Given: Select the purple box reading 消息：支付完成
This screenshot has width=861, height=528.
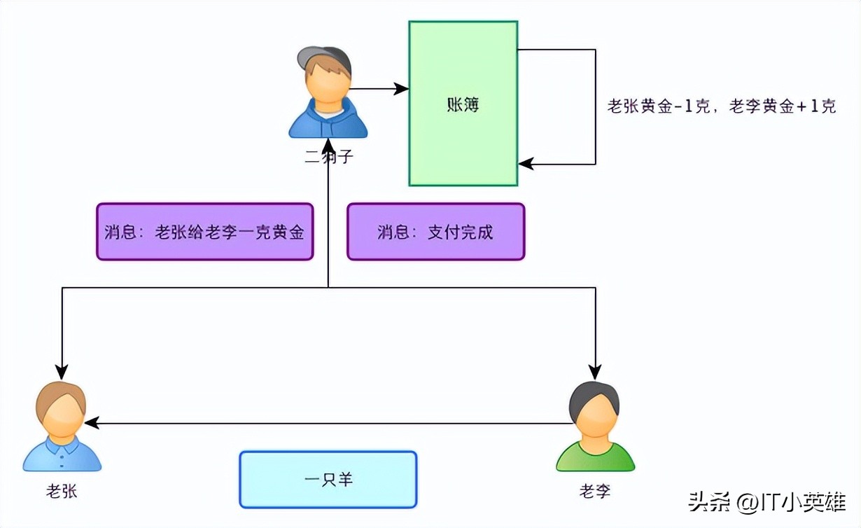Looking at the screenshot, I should tap(435, 232).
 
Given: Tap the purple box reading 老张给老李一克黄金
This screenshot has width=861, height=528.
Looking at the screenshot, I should tap(204, 232).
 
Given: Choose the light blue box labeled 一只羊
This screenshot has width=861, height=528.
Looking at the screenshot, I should tap(328, 480).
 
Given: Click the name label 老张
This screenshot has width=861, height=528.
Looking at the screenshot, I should tap(62, 492).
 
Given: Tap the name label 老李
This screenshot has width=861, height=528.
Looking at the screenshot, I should tap(594, 492).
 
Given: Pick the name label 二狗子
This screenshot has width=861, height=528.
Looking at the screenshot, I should tap(328, 158).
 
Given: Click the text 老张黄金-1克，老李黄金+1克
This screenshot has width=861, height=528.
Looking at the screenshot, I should tap(721, 106).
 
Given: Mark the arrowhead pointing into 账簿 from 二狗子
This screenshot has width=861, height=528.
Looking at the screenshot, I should tap(402, 89).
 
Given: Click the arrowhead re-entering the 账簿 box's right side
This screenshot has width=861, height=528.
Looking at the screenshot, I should tap(526, 165).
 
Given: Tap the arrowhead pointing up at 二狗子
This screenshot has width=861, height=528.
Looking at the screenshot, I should tap(328, 144).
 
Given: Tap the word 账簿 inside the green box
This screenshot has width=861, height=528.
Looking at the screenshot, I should tap(463, 105).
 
